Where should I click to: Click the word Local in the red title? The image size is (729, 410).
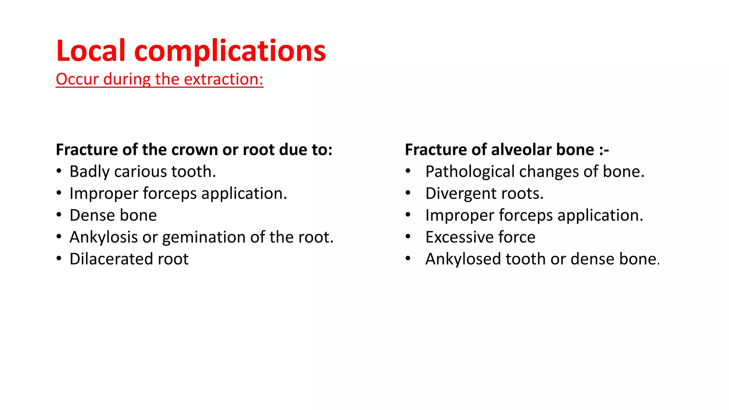coord(91,51)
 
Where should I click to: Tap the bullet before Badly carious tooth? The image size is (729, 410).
coord(59,171)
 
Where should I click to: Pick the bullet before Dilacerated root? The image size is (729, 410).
coord(59,259)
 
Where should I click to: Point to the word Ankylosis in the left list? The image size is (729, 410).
coord(104,238)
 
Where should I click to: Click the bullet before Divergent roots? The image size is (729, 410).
coord(408,193)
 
